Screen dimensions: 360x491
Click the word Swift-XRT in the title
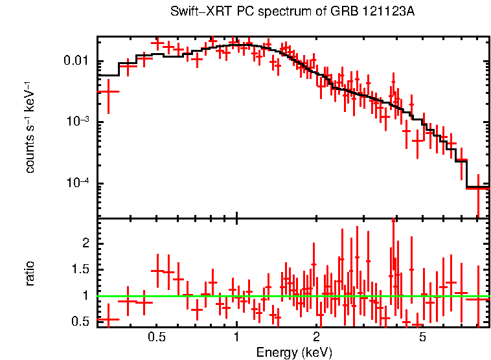pos(196,12)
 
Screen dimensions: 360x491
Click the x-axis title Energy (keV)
pos(294,352)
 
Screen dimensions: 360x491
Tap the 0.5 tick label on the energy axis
pos(156,337)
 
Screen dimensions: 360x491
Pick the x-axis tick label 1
pos(236,337)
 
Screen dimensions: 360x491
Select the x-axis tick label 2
pos(317,337)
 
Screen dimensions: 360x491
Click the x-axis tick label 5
pos(422,337)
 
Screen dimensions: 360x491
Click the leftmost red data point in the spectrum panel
pos(108,91)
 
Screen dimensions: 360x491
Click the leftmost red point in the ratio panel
pos(108,319)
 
